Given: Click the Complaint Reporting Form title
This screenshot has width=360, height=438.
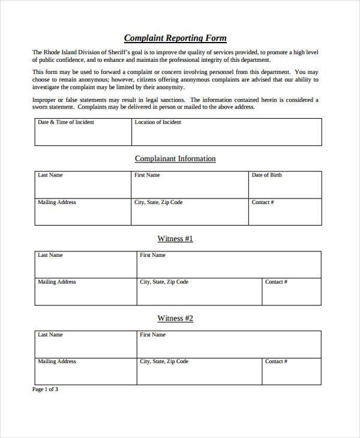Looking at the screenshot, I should (175, 38).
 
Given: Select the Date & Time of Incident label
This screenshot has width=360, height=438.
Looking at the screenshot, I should (66, 122).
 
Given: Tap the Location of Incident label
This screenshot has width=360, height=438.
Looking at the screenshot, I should (158, 122).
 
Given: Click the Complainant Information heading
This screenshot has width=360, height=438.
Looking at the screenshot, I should (175, 159).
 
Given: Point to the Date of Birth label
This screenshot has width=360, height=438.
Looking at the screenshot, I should (266, 175).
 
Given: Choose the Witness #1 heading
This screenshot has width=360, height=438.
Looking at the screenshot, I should (175, 239).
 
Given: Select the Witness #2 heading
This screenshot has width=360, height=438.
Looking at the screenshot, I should (175, 319).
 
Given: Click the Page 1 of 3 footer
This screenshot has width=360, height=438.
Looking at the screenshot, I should (45, 389).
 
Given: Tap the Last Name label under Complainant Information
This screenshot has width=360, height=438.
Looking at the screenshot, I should (50, 175).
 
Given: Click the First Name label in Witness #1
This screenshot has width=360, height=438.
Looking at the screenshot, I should (152, 255).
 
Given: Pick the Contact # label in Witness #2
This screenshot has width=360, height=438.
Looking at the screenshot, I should (276, 362).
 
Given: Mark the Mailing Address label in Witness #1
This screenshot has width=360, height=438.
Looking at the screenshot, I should (57, 282).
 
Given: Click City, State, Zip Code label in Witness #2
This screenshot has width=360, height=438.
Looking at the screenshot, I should (164, 362).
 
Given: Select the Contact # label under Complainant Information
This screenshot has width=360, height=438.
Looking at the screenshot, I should (263, 202).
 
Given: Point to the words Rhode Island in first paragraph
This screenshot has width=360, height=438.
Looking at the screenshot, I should (61, 52).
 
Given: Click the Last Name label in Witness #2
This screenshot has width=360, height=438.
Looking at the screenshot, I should (50, 335).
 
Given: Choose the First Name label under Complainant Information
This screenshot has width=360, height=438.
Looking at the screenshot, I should (147, 175).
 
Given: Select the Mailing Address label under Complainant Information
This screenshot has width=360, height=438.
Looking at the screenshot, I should (57, 202).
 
